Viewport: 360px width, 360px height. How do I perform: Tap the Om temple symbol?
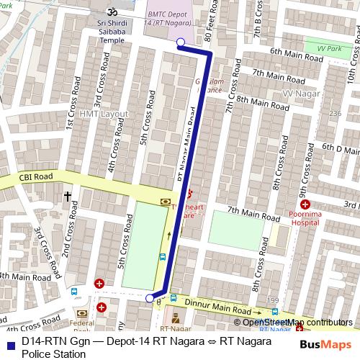pyautogui.click(x=111, y=12)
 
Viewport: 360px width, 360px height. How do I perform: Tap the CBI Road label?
pyautogui.click(x=36, y=176)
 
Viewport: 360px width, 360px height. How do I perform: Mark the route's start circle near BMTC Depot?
pyautogui.click(x=180, y=42)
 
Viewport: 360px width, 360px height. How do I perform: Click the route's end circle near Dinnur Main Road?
pyautogui.click(x=150, y=298)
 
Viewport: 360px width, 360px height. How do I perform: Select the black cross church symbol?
pyautogui.click(x=68, y=195)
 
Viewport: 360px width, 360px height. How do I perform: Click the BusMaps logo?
pyautogui.click(x=326, y=344)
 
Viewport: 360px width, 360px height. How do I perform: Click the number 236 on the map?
pyautogui.click(x=334, y=114)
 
